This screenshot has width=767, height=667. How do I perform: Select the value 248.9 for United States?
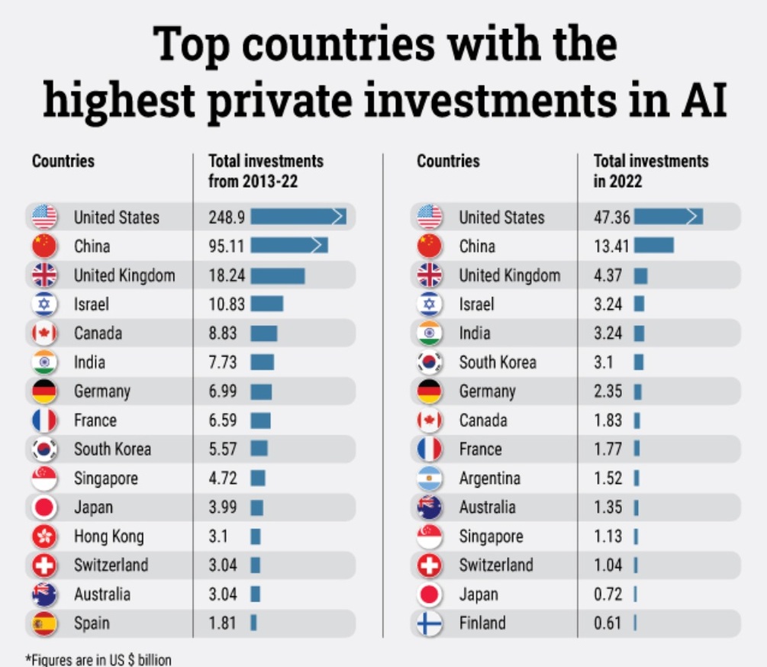[227, 217]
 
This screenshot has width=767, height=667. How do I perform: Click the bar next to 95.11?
[289, 246]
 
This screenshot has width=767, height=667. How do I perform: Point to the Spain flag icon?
[44, 623]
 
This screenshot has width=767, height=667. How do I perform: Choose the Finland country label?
[482, 623]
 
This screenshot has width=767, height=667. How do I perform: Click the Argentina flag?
[430, 478]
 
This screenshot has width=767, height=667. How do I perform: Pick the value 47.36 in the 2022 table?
[612, 217]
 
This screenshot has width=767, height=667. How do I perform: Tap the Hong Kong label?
[108, 536]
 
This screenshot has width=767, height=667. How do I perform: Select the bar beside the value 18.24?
[277, 275]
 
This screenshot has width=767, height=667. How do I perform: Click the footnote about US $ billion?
[98, 659]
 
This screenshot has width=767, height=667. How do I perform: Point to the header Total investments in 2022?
[651, 171]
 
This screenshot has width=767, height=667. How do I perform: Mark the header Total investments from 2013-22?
[266, 171]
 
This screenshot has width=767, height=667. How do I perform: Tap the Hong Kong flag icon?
[44, 536]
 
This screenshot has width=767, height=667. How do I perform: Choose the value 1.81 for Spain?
[223, 623]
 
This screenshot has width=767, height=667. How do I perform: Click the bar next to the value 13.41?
[654, 246]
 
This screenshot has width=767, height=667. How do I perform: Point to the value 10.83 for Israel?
[227, 304]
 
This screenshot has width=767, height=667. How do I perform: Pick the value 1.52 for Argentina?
[608, 478]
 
